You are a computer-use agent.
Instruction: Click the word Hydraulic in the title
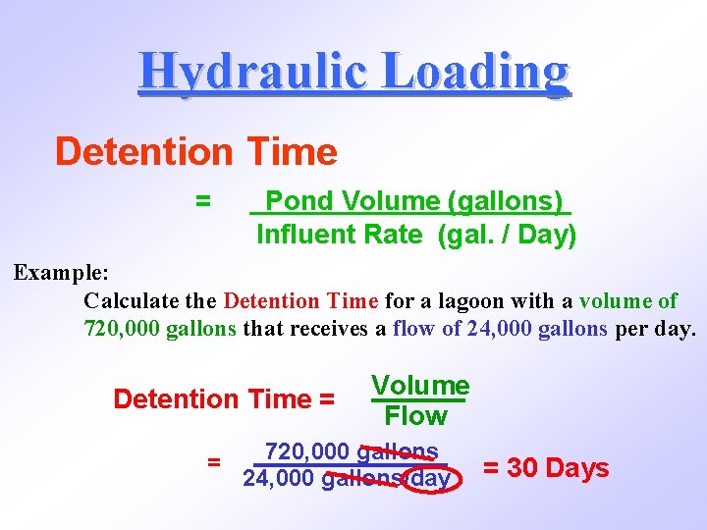tap(250, 72)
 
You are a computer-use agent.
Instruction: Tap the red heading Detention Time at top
tap(195, 152)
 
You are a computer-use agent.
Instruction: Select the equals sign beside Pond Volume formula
tap(202, 201)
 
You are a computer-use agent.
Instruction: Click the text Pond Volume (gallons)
tap(413, 201)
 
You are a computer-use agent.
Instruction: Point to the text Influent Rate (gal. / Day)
tap(416, 235)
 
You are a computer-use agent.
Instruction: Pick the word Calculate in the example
tap(125, 300)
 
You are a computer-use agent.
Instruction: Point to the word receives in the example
tap(326, 329)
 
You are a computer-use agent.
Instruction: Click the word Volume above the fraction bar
tap(420, 386)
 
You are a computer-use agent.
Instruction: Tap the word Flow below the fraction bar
tap(416, 416)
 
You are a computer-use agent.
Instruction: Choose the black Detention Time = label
tap(225, 399)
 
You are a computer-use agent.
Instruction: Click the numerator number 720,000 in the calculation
tap(307, 451)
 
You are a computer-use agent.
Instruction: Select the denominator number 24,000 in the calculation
tap(279, 480)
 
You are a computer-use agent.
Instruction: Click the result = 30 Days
tap(546, 468)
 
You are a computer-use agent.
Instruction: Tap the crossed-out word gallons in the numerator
tap(398, 451)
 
